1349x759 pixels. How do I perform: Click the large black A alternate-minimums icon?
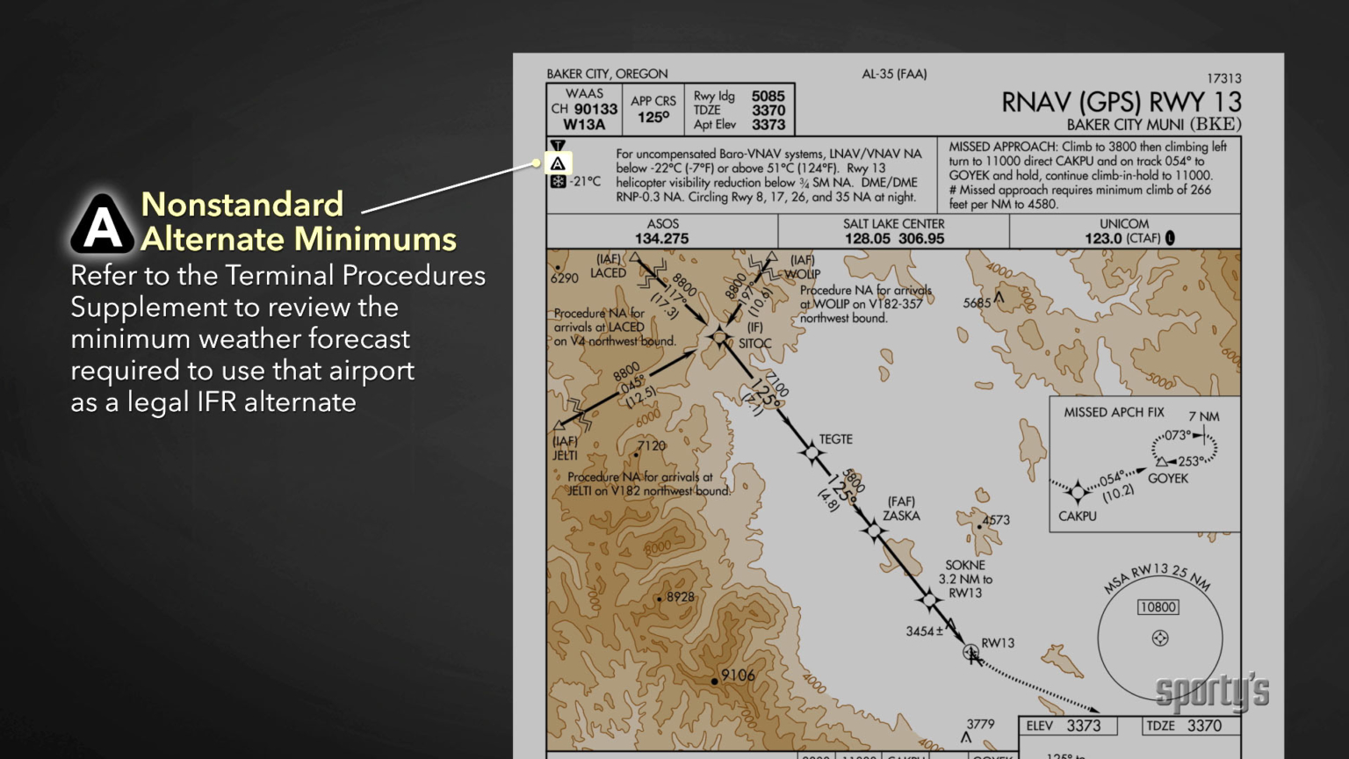(103, 223)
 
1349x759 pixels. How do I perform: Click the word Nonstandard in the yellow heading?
(242, 205)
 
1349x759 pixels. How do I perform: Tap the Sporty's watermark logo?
(1212, 692)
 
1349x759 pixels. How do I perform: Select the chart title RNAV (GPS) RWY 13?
(1122, 102)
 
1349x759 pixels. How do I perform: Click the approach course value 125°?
(653, 118)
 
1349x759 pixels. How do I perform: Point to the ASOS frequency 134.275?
(661, 239)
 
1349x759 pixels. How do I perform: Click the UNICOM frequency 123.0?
(1103, 239)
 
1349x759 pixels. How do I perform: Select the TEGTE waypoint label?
(835, 439)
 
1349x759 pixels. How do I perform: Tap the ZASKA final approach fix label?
(901, 516)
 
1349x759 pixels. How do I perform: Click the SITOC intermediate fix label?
(754, 343)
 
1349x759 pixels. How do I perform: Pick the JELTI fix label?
(565, 455)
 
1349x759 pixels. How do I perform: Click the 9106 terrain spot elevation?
(738, 676)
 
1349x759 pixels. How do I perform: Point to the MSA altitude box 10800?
(1158, 607)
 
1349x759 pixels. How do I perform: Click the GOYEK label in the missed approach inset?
(1167, 479)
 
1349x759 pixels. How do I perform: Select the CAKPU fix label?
(1077, 516)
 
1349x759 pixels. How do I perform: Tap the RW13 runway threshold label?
(998, 643)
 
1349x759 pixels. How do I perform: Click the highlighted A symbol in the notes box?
(558, 163)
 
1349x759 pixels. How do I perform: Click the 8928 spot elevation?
(680, 597)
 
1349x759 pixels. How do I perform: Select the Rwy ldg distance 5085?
(768, 96)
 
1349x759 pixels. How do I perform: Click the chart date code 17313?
(1223, 78)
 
